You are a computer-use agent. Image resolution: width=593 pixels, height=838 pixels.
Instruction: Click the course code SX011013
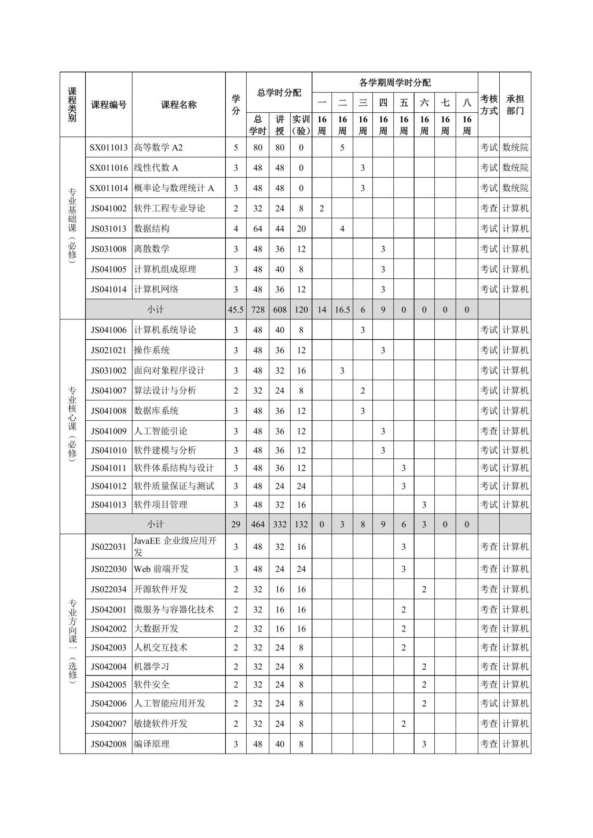tap(108, 148)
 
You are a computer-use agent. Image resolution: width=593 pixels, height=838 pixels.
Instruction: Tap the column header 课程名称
tap(178, 105)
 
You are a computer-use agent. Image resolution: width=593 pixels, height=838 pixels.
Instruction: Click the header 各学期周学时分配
tap(394, 82)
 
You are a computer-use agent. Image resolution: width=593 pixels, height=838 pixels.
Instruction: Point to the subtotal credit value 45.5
tap(236, 310)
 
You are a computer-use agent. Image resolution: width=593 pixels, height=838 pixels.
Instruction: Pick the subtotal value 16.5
tap(342, 310)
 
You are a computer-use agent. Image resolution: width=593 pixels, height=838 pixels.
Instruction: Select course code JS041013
tap(108, 505)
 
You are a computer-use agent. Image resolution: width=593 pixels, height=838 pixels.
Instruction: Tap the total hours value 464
tap(258, 524)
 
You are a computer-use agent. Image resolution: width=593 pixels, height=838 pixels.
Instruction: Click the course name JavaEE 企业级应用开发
tap(175, 546)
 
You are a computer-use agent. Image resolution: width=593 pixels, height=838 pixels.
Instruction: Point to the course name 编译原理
tap(152, 744)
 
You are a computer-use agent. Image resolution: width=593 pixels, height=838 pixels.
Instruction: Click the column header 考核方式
tap(489, 105)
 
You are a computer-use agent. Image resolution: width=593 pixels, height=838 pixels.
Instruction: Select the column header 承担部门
tap(515, 105)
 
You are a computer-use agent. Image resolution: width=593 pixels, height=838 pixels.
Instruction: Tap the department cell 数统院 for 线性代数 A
tap(515, 168)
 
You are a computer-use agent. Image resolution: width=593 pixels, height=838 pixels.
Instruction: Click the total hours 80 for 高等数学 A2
tap(258, 148)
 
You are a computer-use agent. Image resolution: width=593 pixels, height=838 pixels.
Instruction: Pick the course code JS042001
tap(108, 609)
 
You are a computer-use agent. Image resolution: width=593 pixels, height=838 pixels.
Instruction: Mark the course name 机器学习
tap(152, 667)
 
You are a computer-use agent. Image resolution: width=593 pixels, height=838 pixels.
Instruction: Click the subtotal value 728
tap(258, 310)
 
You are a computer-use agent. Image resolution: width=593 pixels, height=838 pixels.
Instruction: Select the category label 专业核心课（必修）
tap(72, 422)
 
